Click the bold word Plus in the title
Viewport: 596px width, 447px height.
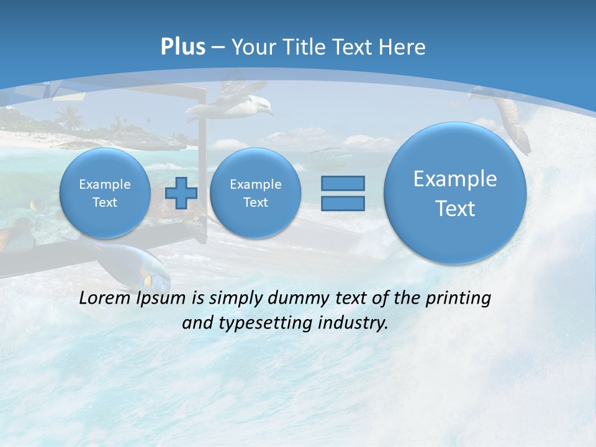coord(183,47)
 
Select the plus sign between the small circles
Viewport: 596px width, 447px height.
coord(181,192)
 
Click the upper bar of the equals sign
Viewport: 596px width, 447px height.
coord(343,183)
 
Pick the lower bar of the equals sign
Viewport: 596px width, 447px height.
coord(343,203)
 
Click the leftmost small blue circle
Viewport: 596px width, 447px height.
coord(105,193)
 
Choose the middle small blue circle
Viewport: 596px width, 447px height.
coord(255,193)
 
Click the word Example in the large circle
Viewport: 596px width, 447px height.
coord(455,179)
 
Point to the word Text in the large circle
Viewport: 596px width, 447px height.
coord(455,209)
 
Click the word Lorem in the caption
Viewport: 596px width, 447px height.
coord(103,298)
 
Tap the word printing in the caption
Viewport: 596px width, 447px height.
coord(458,298)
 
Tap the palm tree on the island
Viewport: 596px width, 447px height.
coord(69,115)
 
